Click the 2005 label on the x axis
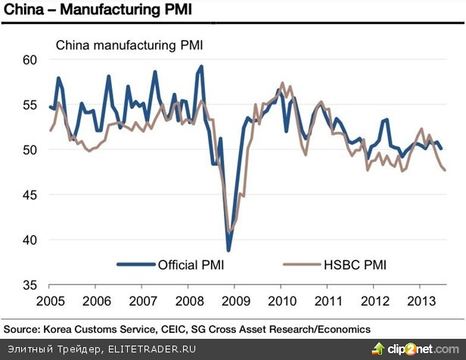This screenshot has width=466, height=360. pyautogui.click(x=49, y=299)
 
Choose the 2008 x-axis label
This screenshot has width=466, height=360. pyautogui.click(x=188, y=299)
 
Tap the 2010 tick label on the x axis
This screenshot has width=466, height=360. pyautogui.click(x=281, y=299)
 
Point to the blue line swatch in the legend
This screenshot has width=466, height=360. pyautogui.click(x=135, y=265)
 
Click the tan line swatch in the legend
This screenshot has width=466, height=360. pyautogui.click(x=300, y=265)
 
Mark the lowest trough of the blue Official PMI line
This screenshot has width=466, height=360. pyautogui.click(x=228, y=250)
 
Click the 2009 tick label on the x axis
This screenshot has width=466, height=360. pyautogui.click(x=235, y=299)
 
